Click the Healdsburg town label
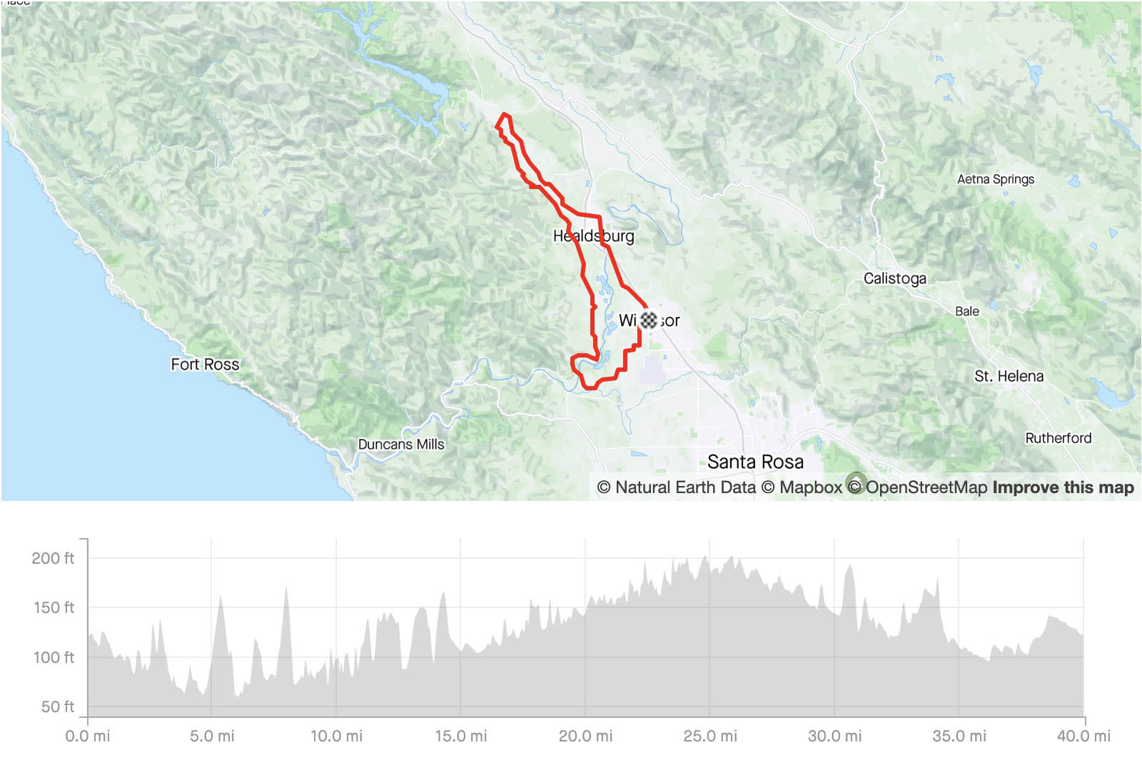593,235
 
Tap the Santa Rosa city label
755,462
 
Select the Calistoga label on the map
894,278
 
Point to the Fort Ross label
205,364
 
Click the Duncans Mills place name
400,444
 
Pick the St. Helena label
1009,376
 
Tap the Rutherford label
1058,437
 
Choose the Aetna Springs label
995,179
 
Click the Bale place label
966,311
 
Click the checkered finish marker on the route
648,320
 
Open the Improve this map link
1063,487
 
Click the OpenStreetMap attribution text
926,487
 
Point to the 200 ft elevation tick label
53,558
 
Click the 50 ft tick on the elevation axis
57,706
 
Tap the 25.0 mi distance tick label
709,736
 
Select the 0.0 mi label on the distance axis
87,736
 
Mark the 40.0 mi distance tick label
1083,736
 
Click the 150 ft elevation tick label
54,607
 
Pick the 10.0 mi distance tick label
335,736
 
